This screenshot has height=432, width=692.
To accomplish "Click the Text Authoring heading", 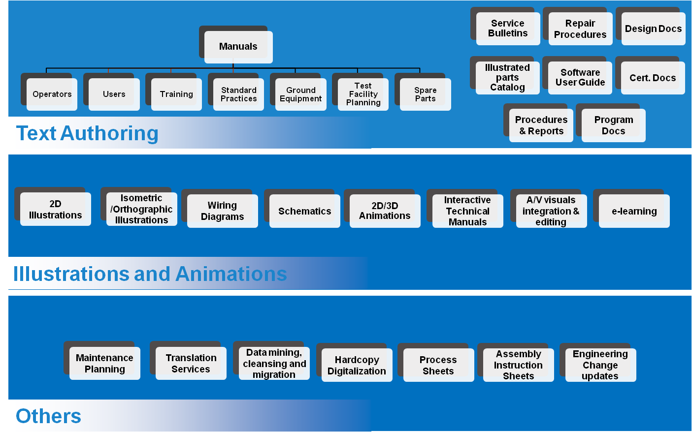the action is click(x=87, y=133).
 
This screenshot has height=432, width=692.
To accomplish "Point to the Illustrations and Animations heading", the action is click(x=150, y=274).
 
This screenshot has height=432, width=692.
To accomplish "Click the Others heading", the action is click(x=48, y=416).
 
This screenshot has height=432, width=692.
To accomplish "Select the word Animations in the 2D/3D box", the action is click(x=385, y=216).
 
